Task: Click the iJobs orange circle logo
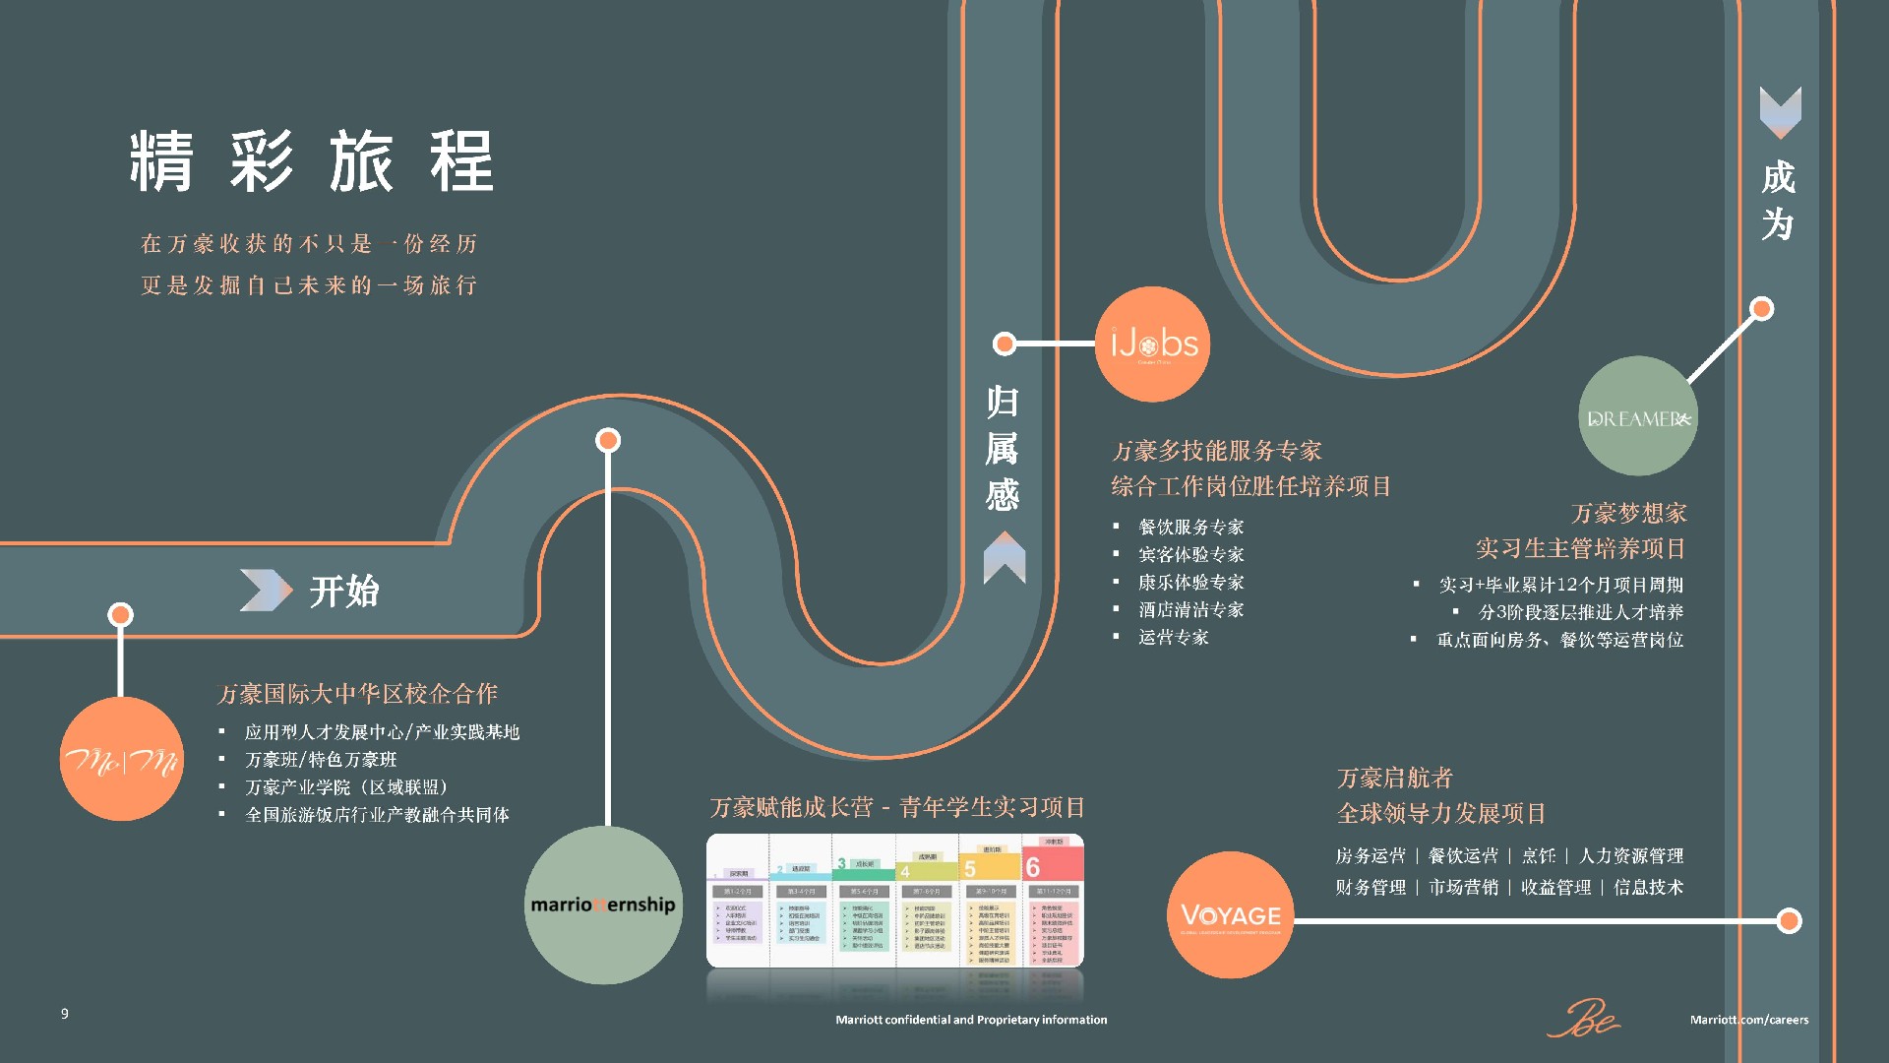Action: coord(1152,344)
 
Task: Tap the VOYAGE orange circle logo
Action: coord(1230,915)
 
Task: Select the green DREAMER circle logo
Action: coord(1638,416)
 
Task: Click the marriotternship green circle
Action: coord(603,905)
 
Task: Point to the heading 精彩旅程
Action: coord(312,161)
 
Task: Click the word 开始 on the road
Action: coord(344,592)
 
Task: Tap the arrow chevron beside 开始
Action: coord(266,591)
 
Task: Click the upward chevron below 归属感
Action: coord(1005,557)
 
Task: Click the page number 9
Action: coord(65,1014)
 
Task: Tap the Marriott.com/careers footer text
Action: coord(1748,1020)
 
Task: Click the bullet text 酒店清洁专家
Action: coord(1190,610)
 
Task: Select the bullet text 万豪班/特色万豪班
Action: coord(321,760)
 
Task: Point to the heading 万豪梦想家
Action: coord(1628,513)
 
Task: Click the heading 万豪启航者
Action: coord(1394,779)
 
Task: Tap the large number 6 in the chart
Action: coord(1033,867)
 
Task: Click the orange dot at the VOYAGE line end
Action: coord(1789,921)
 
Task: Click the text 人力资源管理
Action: coord(1631,856)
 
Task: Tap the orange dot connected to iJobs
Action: coord(1005,344)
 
